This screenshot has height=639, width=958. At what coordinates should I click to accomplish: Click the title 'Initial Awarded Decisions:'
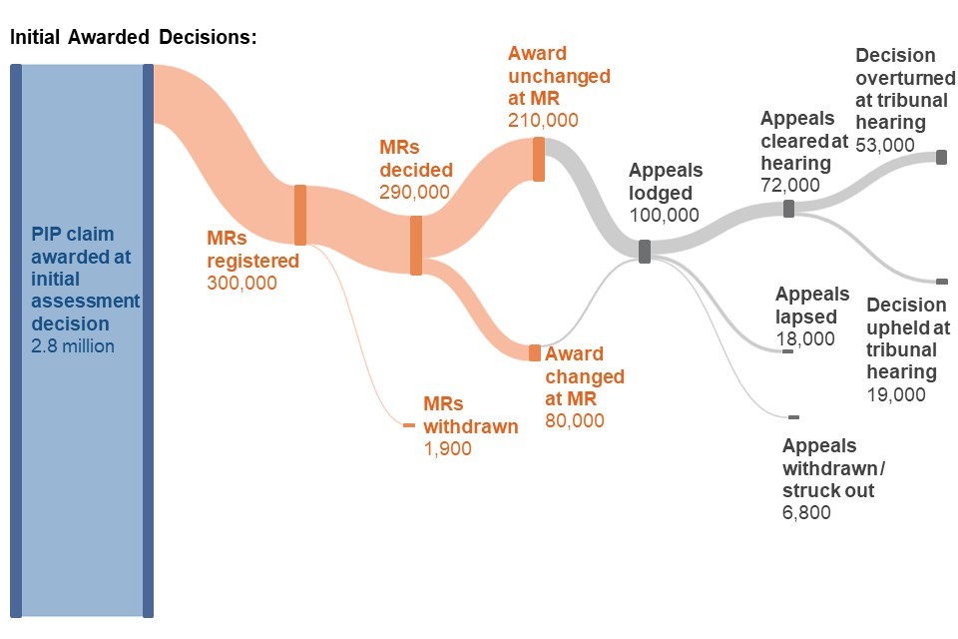133,38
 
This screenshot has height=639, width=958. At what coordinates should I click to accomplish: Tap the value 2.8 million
73,346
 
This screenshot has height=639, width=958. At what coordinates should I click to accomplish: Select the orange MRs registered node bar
299,215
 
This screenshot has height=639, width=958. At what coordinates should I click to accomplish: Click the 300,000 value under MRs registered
241,283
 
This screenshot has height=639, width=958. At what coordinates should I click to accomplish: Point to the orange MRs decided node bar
416,245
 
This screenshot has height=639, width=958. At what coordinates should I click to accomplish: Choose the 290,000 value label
414,191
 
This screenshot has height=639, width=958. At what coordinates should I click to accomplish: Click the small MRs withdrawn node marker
408,425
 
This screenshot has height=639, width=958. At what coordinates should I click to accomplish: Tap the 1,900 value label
447,448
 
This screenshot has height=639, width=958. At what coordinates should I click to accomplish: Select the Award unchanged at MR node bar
539,159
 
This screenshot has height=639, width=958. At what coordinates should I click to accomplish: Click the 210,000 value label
543,120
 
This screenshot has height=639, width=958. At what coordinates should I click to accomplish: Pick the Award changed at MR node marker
535,352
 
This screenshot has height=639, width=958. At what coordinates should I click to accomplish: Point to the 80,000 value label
575,420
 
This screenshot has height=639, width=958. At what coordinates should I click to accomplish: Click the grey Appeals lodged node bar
645,251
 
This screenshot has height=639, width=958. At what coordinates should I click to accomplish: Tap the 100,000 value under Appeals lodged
665,215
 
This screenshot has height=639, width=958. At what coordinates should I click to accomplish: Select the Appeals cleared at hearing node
788,209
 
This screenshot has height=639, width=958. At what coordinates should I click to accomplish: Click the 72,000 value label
789,185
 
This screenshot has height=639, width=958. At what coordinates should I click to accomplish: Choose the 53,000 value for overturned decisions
885,144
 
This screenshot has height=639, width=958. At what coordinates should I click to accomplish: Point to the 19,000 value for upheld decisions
896,394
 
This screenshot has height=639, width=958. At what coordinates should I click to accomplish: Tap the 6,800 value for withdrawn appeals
806,513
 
